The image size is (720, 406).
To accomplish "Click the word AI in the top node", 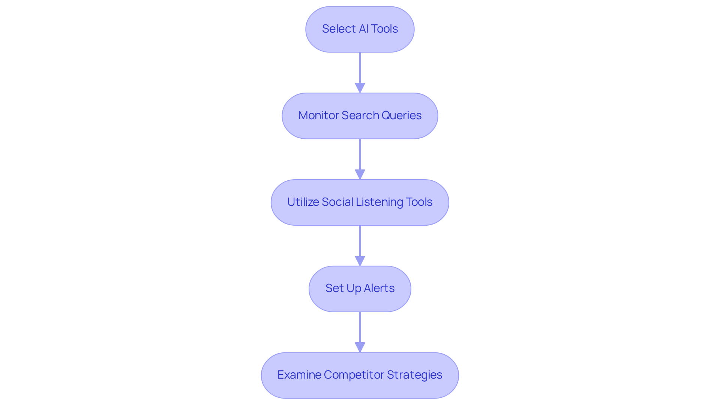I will (363, 29).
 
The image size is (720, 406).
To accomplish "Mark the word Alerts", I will (379, 288).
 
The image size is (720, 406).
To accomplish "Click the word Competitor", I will (354, 375).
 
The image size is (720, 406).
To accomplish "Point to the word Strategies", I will (414, 375).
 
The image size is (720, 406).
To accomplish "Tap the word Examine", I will (299, 375).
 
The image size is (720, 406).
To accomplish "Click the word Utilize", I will (303, 202).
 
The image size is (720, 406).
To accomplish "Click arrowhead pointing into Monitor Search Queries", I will (360, 88).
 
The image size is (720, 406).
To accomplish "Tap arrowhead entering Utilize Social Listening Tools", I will (360, 175).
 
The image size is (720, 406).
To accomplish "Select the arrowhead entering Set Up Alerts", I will (360, 261).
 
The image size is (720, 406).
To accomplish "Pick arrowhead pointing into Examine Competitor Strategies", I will (360, 348).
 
